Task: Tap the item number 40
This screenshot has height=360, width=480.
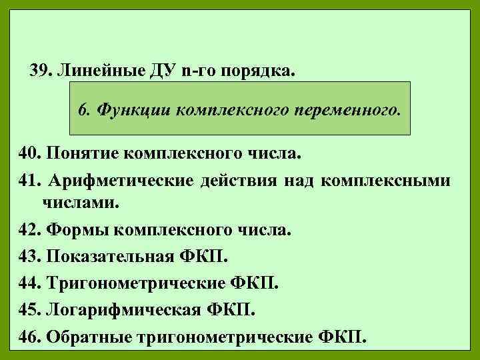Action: coord(29,155)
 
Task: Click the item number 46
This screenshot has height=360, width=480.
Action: coord(29,335)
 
